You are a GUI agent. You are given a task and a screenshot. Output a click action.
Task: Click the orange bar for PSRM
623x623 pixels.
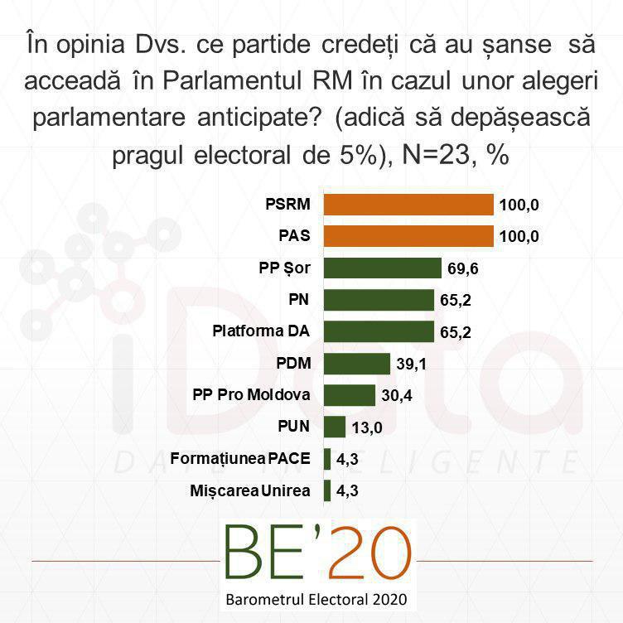pos(408,205)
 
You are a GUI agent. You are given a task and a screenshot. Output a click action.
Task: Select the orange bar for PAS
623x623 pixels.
pos(408,236)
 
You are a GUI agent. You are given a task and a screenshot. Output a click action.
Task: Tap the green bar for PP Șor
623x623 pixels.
pos(383,268)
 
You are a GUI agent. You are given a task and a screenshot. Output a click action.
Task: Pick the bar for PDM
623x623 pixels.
pos(357,364)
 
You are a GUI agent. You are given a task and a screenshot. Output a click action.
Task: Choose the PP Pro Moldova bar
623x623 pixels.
pos(350,395)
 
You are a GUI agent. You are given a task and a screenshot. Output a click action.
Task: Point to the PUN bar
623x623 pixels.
pos(335,427)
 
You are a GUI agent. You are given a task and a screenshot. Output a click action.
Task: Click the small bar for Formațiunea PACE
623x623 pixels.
pos(327,459)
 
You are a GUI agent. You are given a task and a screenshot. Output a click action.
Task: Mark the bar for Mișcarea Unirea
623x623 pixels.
pos(327,490)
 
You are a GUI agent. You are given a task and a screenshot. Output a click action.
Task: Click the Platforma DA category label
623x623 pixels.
pos(261,331)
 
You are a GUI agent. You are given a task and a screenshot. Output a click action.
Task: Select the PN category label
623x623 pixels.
pos(299,299)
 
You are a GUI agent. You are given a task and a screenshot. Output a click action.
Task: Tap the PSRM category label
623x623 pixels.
pos(287,205)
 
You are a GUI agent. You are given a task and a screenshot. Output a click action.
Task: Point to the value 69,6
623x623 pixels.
pos(463,268)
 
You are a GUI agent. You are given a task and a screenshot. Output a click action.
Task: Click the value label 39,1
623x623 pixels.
pos(411,364)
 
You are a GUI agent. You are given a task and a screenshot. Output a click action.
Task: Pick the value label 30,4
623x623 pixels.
pos(397,396)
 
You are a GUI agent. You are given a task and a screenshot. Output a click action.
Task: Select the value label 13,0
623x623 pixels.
pos(367,427)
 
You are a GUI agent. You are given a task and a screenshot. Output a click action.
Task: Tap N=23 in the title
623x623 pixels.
pos(436,154)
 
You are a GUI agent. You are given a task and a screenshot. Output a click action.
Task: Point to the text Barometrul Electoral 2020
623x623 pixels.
pos(316,600)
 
